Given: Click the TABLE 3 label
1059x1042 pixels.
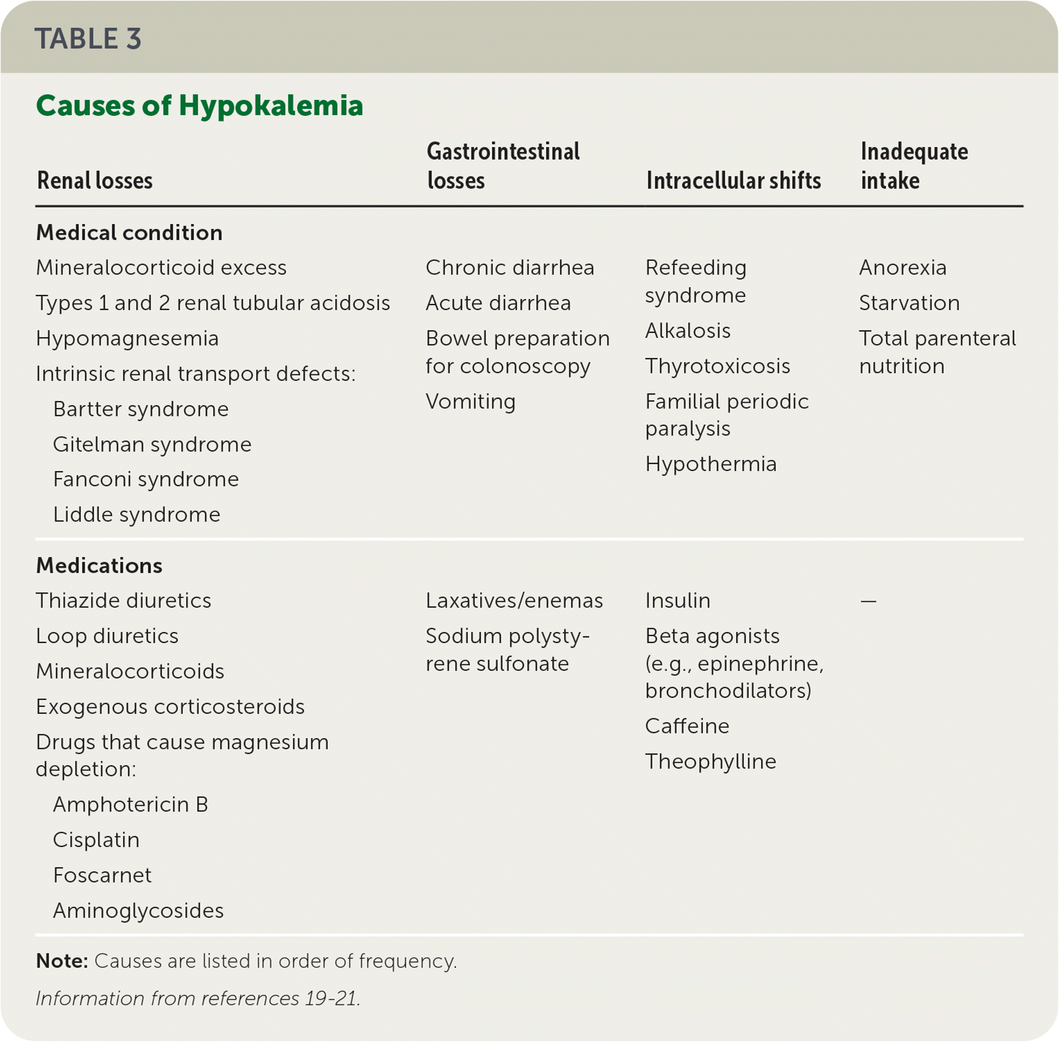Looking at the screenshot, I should (88, 39).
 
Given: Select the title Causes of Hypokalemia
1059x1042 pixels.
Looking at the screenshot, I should (199, 105).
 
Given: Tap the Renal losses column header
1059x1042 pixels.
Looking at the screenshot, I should (94, 180).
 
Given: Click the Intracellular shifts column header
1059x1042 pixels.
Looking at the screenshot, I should (733, 180).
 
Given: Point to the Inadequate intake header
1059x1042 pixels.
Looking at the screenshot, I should (913, 166).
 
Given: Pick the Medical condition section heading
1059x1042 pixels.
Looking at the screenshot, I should (129, 232).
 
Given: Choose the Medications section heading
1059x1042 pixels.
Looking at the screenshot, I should (99, 565).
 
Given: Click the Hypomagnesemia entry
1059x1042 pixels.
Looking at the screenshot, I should (127, 338).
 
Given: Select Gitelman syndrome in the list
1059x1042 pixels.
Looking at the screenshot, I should (152, 444).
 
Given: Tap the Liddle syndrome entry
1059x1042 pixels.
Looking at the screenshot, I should (137, 514).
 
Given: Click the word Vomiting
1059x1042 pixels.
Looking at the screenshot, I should (470, 401).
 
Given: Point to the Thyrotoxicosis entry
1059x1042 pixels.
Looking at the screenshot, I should (717, 366).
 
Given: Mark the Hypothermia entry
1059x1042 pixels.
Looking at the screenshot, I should (710, 463).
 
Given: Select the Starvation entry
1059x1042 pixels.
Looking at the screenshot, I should (909, 302).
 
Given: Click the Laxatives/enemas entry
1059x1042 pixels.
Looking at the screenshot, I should (514, 600).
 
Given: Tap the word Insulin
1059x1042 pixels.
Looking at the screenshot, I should (677, 600).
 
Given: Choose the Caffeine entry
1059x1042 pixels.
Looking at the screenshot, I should (687, 726).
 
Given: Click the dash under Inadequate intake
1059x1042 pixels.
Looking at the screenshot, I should (868, 601).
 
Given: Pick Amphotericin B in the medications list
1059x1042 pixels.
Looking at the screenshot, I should (130, 804).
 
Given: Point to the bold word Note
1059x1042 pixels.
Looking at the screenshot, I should (62, 961).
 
